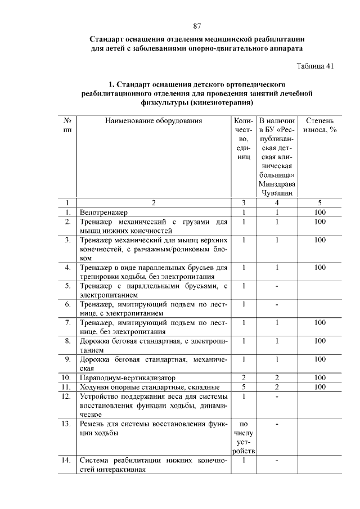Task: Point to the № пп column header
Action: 67,125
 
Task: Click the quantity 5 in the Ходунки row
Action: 244,387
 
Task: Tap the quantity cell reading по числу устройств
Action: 244,437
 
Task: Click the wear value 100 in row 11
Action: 320,387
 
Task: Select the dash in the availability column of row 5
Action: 277,286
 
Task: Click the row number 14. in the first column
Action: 67,460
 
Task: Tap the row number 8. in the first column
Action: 67,340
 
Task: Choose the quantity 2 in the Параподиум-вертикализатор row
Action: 244,377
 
